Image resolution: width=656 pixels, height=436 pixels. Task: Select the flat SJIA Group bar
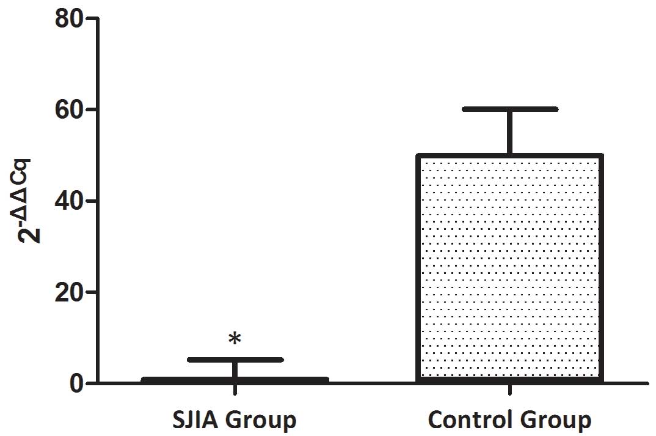point(235,380)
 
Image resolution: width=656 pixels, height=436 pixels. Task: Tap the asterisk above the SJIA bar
point(235,339)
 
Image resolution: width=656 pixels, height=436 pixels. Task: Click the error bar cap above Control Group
point(509,109)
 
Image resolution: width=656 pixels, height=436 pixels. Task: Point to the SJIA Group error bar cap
point(235,360)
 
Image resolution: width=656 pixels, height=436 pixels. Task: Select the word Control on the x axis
point(471,421)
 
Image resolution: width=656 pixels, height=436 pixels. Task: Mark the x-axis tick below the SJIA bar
point(235,391)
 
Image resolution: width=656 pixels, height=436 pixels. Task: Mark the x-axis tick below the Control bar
point(509,391)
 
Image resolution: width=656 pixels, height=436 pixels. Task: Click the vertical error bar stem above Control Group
point(509,131)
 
